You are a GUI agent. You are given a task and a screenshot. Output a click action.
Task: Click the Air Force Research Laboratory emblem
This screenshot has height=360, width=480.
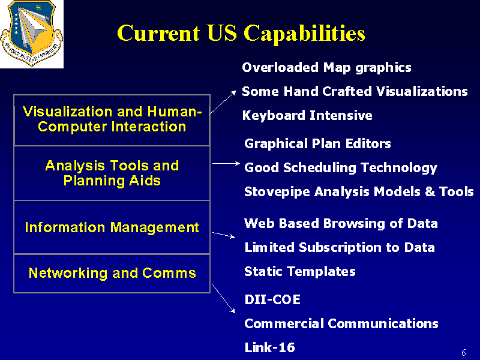(32, 34)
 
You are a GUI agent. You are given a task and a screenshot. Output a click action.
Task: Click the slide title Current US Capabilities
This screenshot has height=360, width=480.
(241, 34)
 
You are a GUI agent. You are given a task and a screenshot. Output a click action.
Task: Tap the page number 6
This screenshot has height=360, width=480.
(464, 352)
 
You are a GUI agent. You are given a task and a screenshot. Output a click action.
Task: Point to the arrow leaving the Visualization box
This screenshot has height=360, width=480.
(223, 102)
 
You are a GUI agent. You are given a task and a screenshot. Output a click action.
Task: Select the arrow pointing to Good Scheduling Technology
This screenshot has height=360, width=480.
(226, 163)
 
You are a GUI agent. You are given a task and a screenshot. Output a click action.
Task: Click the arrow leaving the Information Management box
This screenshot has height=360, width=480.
(224, 235)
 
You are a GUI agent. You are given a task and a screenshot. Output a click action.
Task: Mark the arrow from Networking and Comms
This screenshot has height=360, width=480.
(224, 299)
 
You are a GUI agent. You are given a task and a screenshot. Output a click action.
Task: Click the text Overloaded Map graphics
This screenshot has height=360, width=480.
(326, 68)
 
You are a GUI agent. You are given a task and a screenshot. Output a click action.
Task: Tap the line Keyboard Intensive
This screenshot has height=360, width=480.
(307, 115)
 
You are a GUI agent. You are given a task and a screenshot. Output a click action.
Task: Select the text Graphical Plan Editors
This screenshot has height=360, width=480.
(318, 144)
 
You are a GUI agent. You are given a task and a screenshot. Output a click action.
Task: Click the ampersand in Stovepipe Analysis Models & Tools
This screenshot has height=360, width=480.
(430, 191)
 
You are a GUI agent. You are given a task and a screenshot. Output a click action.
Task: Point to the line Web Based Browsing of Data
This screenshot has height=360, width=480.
(341, 223)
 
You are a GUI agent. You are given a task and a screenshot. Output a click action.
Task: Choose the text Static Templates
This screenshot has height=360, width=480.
(300, 272)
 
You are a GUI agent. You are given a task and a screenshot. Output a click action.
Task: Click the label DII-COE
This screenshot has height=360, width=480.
(272, 299)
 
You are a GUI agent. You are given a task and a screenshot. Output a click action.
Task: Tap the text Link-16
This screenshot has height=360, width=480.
(269, 347)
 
